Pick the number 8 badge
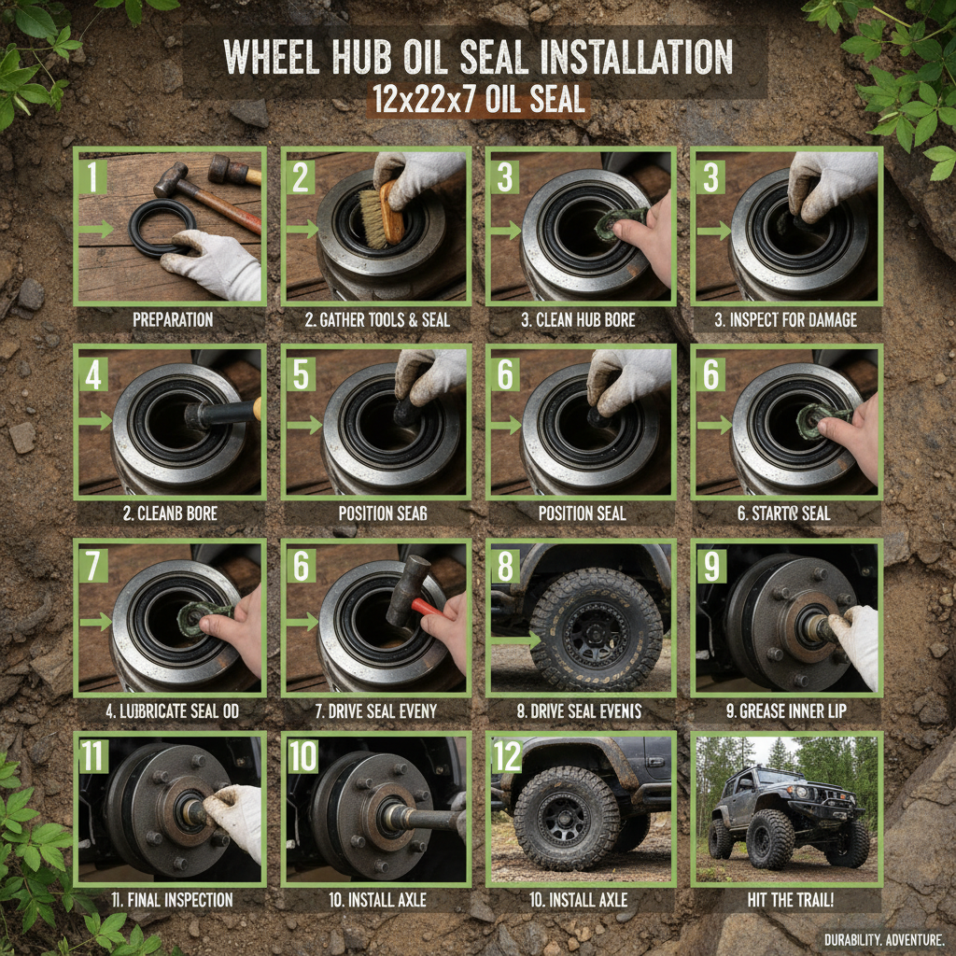[505, 566]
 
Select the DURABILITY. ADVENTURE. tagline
[883, 938]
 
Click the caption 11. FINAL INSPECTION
[170, 900]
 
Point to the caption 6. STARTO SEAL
[785, 513]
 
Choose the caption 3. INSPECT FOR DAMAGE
[785, 320]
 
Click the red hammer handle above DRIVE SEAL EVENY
[425, 609]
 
